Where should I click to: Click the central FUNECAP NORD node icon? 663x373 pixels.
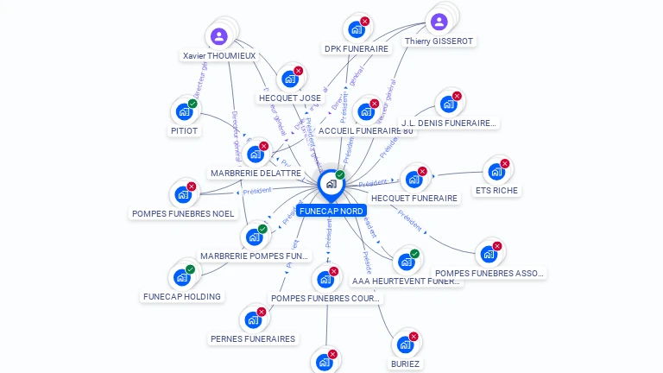point(331,184)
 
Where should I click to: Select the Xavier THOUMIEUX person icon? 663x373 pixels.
point(218,36)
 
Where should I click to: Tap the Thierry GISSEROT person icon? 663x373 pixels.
point(439,22)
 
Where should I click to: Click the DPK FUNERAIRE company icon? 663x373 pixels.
point(356,28)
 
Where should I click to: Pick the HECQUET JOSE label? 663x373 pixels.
point(290,98)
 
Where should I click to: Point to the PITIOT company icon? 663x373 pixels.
point(184,111)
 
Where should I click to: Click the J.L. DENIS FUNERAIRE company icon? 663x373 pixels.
point(447,104)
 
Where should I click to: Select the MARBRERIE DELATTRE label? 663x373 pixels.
point(256,173)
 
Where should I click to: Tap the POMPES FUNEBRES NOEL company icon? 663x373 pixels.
point(182,194)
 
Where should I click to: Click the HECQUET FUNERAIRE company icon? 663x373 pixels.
point(414,180)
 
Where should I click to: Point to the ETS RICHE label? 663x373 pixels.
point(497,190)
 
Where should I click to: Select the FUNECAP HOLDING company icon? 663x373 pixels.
point(181,277)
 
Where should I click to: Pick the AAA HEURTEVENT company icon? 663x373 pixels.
point(405,262)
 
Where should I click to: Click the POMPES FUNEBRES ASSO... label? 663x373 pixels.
point(490,273)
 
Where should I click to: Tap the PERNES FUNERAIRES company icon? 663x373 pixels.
point(253,319)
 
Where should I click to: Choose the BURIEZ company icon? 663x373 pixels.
point(404,345)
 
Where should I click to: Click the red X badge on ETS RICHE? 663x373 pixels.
point(505,164)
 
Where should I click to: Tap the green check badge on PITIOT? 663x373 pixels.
point(193,104)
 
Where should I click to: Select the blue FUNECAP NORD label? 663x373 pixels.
point(331,210)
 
